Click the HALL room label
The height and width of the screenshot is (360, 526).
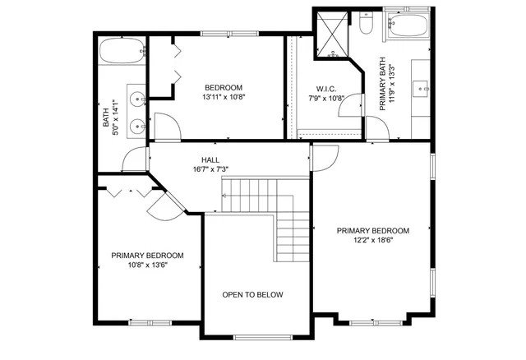(x=210, y=159)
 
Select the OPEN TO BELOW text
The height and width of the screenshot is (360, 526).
(x=253, y=294)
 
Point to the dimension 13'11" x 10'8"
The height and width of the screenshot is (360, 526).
(x=223, y=98)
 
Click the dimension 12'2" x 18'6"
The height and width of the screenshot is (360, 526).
(x=372, y=241)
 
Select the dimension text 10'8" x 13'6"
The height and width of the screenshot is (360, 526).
(x=147, y=265)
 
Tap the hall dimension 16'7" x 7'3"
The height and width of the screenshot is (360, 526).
(x=210, y=169)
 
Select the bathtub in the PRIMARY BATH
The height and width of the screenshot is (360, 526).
(x=407, y=28)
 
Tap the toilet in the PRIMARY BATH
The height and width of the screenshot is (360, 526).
(x=367, y=24)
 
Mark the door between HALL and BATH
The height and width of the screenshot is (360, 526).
(x=131, y=160)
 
